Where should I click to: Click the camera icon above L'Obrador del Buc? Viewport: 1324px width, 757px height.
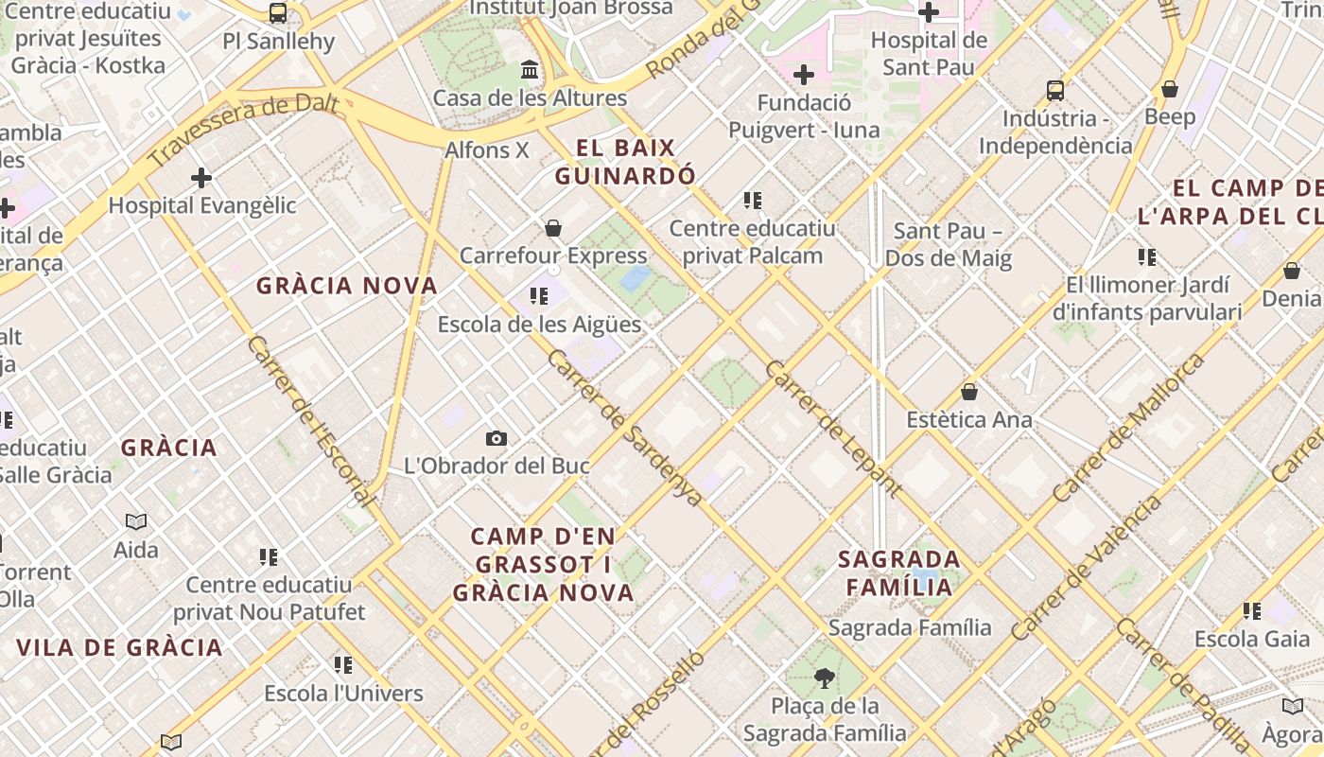(x=496, y=438)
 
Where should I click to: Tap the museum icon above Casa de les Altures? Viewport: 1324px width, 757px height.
(x=530, y=70)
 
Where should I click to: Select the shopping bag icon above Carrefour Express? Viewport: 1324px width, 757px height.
(x=553, y=228)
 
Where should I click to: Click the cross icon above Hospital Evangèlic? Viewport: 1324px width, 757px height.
(x=200, y=177)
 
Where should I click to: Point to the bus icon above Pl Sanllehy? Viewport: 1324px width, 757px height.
(x=277, y=13)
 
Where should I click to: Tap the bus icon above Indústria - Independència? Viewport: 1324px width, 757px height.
(x=1055, y=91)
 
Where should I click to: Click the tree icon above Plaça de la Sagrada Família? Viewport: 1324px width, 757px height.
(x=824, y=678)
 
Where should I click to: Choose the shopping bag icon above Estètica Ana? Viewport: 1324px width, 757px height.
(x=968, y=391)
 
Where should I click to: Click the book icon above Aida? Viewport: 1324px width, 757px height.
(x=136, y=521)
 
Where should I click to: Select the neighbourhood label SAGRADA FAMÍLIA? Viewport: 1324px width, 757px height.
(x=899, y=572)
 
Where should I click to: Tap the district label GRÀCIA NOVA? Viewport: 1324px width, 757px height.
(x=347, y=286)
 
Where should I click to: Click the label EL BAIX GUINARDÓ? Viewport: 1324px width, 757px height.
(x=625, y=162)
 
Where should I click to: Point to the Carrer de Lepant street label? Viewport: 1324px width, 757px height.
(x=832, y=428)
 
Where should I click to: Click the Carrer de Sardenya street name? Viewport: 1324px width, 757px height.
(x=625, y=428)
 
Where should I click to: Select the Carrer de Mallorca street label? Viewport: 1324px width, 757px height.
(x=1129, y=428)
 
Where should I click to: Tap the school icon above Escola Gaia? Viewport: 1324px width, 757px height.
(x=1252, y=611)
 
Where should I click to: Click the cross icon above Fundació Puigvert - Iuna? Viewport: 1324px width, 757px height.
(x=804, y=74)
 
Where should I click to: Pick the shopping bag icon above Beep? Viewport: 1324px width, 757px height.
(x=1170, y=89)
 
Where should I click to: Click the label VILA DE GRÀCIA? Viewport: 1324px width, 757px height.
(x=119, y=648)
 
